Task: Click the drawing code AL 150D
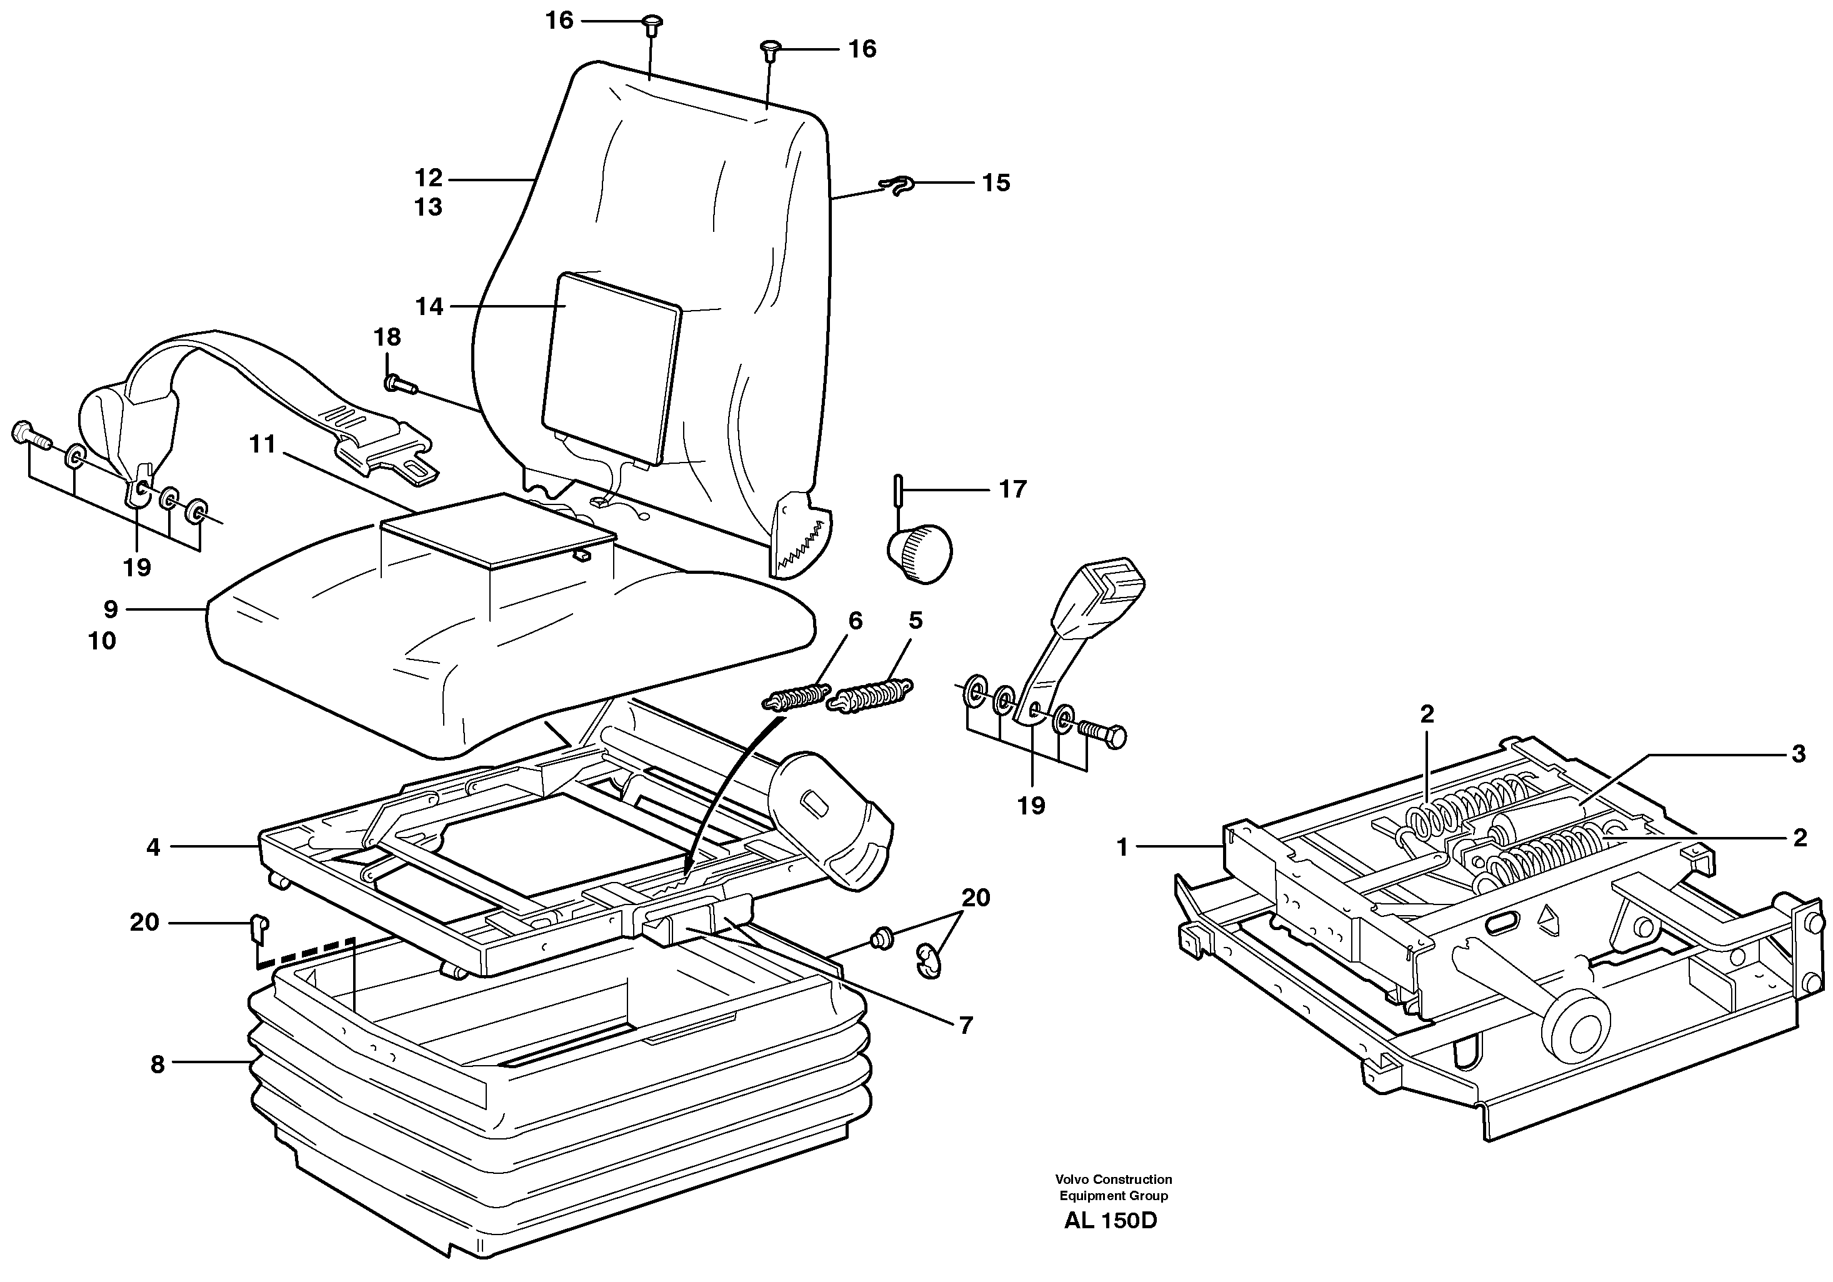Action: click(1110, 1221)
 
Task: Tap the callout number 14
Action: click(429, 306)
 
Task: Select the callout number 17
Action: click(1012, 489)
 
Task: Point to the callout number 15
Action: click(996, 183)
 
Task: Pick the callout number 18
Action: click(387, 337)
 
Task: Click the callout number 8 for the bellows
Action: click(157, 1064)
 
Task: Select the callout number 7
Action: click(965, 1026)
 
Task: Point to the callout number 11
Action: click(262, 444)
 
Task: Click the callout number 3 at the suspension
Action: click(1798, 754)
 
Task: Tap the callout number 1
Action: click(1122, 848)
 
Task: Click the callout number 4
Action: click(153, 847)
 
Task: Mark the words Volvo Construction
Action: click(1113, 1179)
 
